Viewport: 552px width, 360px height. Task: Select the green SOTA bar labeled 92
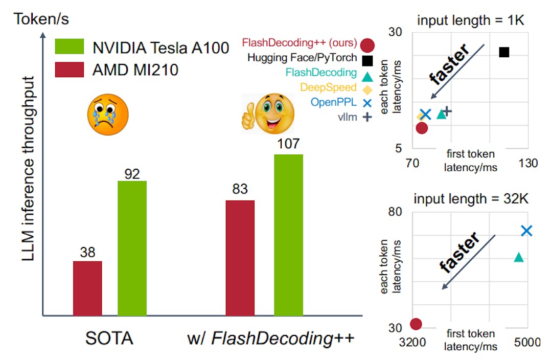(x=132, y=248)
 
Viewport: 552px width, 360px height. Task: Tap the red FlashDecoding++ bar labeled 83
(x=240, y=258)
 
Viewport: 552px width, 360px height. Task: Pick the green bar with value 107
(x=289, y=235)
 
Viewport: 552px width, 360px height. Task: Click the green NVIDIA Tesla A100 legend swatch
(x=68, y=46)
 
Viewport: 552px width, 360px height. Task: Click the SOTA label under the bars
(x=109, y=339)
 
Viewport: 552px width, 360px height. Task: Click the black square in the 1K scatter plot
(x=504, y=52)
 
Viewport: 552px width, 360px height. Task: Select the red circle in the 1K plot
(x=422, y=128)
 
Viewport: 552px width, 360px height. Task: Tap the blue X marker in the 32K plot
(x=526, y=231)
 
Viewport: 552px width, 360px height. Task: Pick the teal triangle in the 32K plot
(x=519, y=257)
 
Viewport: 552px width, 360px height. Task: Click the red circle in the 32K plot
(x=416, y=324)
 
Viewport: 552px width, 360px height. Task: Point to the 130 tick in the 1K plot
(x=528, y=163)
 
